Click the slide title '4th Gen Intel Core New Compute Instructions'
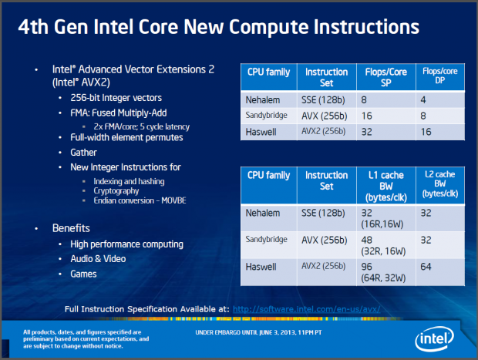220,28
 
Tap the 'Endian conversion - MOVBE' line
138,200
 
